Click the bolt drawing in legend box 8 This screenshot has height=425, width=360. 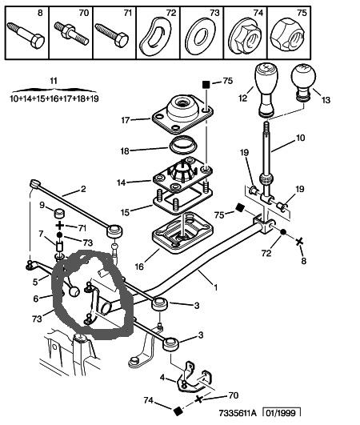click(x=26, y=35)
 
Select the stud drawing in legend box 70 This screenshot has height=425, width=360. click(x=71, y=33)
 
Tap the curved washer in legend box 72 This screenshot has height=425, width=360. click(x=155, y=36)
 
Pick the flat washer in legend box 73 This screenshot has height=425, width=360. click(x=201, y=36)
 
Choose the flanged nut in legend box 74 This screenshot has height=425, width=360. click(x=245, y=36)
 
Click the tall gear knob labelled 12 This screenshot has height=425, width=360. click(x=266, y=90)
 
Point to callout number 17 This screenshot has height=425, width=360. click(x=126, y=120)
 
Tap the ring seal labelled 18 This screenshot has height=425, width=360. click(x=183, y=145)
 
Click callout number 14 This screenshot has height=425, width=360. click(x=122, y=182)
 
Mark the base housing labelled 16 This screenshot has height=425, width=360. click(x=182, y=232)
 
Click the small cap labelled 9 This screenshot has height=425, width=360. click(x=60, y=214)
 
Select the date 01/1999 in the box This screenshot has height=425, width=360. click(x=282, y=413)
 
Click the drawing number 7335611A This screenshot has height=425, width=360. click(x=238, y=413)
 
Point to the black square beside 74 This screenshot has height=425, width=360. click(x=178, y=411)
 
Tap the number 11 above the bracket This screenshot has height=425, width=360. click(x=54, y=81)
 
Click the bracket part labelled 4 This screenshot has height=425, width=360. click(x=194, y=377)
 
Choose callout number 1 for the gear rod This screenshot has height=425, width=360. click(x=216, y=287)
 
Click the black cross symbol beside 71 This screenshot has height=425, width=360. click(x=59, y=226)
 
